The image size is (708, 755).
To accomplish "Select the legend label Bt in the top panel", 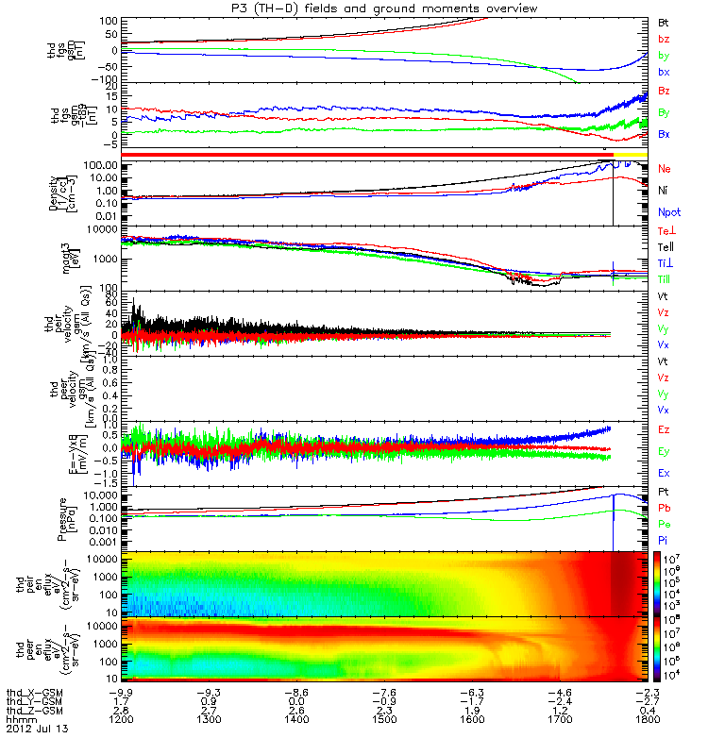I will [x=665, y=21].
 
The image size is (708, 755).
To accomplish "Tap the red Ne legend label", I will [x=665, y=168].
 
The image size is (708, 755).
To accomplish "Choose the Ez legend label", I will [x=665, y=430].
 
